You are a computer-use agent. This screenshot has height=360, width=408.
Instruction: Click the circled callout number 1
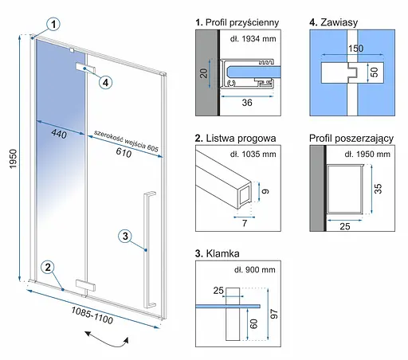53,24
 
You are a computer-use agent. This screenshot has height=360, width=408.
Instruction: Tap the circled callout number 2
48,267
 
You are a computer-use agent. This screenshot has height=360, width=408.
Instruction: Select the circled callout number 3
125,236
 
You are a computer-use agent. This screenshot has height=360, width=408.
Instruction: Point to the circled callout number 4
105,82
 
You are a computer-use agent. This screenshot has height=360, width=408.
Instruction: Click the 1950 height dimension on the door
13,158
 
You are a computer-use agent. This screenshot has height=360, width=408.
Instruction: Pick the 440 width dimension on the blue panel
59,134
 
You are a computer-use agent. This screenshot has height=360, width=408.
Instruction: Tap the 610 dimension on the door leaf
124,153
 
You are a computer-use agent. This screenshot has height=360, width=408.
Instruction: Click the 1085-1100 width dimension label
92,315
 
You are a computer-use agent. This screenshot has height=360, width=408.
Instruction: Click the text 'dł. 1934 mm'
253,39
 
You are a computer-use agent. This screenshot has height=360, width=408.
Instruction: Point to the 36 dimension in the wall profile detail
247,103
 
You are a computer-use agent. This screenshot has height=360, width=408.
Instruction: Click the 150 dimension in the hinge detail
355,49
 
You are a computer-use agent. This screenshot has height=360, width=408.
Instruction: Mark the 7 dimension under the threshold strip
245,223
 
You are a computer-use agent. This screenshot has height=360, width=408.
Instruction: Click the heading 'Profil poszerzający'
351,139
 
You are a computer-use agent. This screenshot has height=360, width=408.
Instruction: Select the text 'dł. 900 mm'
255,270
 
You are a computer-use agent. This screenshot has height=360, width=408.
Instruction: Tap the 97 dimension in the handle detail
274,314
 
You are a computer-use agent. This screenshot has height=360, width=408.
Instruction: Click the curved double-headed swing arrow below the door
107,339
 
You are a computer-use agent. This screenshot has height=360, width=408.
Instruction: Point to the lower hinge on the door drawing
85,285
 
